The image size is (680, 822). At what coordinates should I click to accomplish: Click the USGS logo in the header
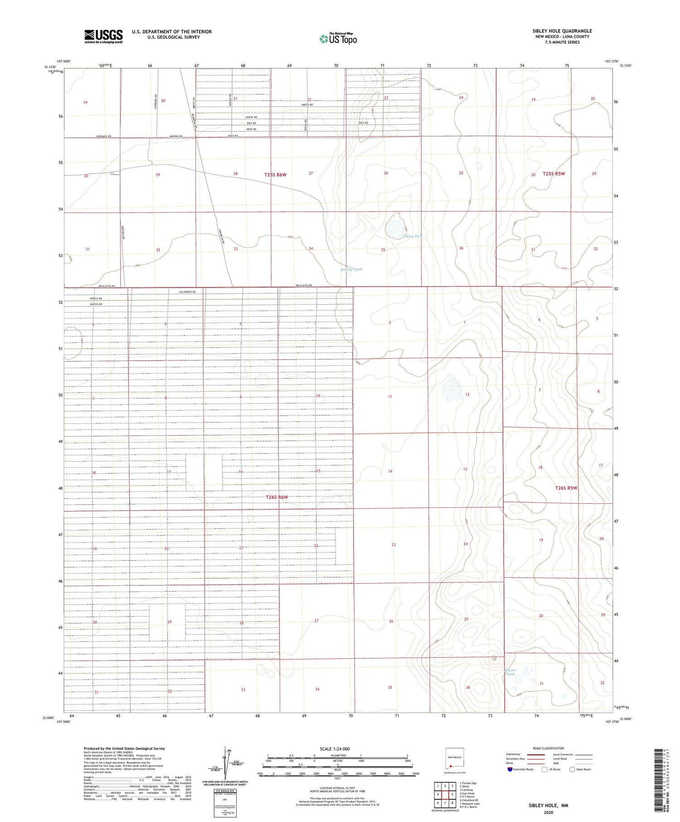point(103,36)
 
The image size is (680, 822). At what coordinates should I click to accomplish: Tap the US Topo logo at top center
point(338,39)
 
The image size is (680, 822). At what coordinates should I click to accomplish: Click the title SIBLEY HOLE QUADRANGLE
point(562,31)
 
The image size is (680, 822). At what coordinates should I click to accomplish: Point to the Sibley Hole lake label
point(413,236)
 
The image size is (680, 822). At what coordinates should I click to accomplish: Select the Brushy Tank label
point(351,269)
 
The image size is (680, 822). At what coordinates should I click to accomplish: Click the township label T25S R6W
point(276,175)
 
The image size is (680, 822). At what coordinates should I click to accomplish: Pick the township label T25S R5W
point(554,174)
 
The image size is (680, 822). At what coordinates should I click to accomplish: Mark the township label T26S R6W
point(277,497)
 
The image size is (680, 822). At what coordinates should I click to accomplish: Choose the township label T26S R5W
point(566,488)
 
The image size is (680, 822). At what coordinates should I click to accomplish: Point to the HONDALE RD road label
point(104,136)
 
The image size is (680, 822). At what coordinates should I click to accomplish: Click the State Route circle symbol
point(572,769)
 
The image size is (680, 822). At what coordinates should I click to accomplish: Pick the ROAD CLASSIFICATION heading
point(548,748)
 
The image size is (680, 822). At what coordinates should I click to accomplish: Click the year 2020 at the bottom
point(548,812)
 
